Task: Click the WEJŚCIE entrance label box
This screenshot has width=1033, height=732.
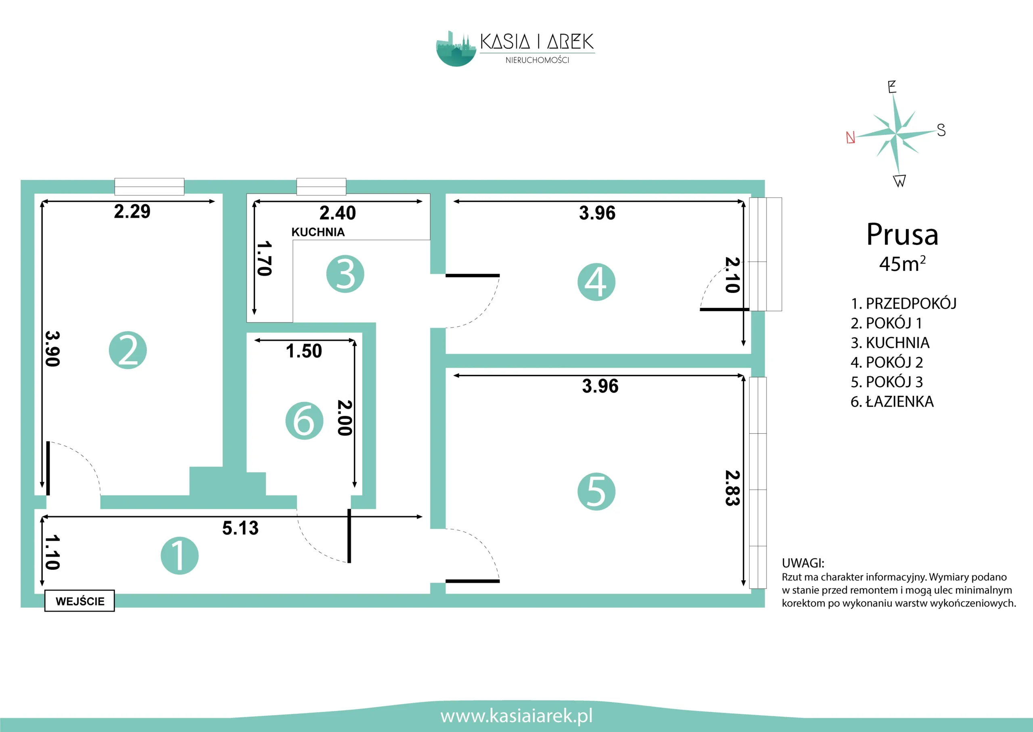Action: click(x=79, y=601)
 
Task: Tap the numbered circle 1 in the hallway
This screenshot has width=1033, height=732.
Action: click(x=180, y=556)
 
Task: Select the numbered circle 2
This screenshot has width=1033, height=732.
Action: click(x=128, y=350)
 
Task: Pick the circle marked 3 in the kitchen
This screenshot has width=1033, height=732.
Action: click(x=345, y=274)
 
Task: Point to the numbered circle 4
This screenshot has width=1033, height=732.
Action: click(x=596, y=282)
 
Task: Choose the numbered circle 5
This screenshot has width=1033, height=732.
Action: click(x=596, y=491)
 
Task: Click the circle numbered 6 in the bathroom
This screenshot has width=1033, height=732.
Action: click(x=304, y=420)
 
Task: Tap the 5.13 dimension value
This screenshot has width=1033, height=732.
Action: click(x=240, y=528)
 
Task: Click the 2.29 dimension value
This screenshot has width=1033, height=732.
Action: click(x=132, y=211)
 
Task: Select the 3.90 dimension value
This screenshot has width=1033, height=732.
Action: click(x=53, y=349)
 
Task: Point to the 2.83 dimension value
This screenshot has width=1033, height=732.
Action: click(x=732, y=488)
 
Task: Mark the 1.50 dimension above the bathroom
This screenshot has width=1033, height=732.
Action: click(x=304, y=351)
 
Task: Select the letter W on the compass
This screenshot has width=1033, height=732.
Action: click(x=899, y=181)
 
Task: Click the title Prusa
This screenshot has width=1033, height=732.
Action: click(x=902, y=234)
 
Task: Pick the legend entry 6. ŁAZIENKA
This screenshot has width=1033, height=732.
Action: click(x=892, y=402)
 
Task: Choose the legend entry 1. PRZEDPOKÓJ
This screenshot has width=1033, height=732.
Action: click(x=903, y=303)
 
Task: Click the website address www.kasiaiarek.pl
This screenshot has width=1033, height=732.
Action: click(x=516, y=716)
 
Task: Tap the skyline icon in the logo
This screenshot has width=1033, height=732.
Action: click(x=456, y=49)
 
